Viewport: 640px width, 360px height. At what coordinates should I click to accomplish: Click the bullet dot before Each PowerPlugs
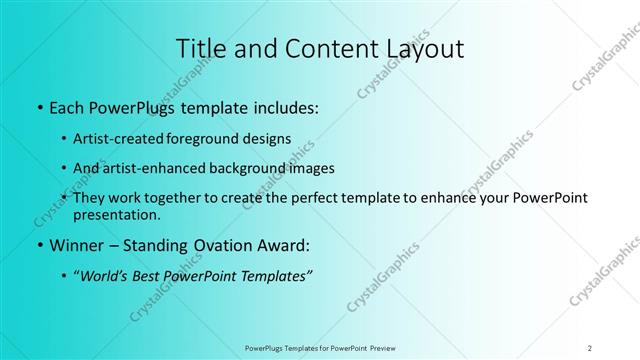pyautogui.click(x=37, y=107)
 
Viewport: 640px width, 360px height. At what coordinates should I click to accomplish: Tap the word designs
pyautogui.click(x=268, y=139)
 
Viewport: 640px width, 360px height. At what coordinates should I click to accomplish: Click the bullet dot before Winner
pyautogui.click(x=37, y=244)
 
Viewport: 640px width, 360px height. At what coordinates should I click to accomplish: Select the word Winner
pyautogui.click(x=75, y=244)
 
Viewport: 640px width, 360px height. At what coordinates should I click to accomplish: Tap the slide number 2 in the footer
pyautogui.click(x=590, y=347)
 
